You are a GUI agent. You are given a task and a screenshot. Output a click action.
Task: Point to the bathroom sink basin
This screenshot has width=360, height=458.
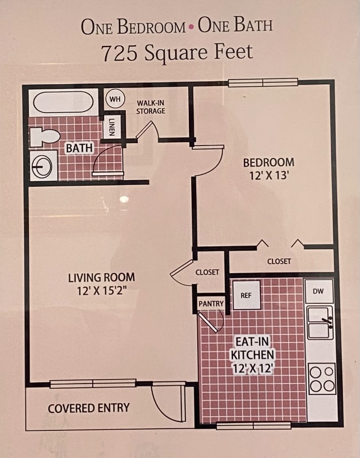(x=43, y=166)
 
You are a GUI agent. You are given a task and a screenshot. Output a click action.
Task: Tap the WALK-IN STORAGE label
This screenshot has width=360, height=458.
(x=151, y=107)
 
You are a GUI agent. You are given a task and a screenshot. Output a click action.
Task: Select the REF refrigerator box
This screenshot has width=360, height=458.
(x=246, y=295)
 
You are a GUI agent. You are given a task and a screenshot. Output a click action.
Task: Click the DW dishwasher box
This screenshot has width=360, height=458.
(x=319, y=291)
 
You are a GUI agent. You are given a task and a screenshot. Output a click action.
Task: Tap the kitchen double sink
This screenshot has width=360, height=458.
(x=320, y=322)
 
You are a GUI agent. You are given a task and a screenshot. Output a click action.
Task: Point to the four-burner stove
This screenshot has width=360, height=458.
(x=322, y=378)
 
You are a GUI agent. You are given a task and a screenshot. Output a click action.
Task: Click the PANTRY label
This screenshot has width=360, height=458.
(x=211, y=303)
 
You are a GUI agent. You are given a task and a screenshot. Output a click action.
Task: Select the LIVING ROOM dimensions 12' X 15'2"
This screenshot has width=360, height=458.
(x=101, y=291)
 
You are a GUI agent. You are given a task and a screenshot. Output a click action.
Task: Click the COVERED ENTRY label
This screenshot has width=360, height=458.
(x=89, y=408)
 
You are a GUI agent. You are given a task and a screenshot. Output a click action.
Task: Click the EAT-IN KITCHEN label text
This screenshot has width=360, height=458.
(x=252, y=348)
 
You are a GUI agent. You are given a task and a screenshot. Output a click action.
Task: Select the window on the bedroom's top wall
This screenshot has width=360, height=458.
(x=263, y=82)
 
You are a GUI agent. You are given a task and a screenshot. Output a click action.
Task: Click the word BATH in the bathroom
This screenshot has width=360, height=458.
(x=79, y=148)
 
